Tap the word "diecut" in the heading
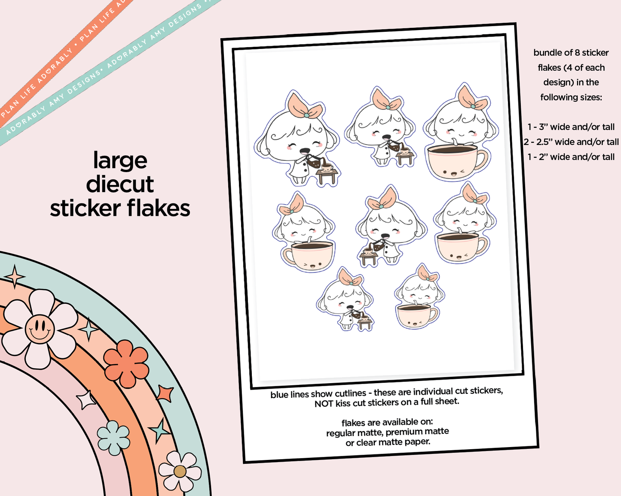coord(120,184)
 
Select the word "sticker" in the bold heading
coord(85,208)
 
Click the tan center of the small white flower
coord(180,471)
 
